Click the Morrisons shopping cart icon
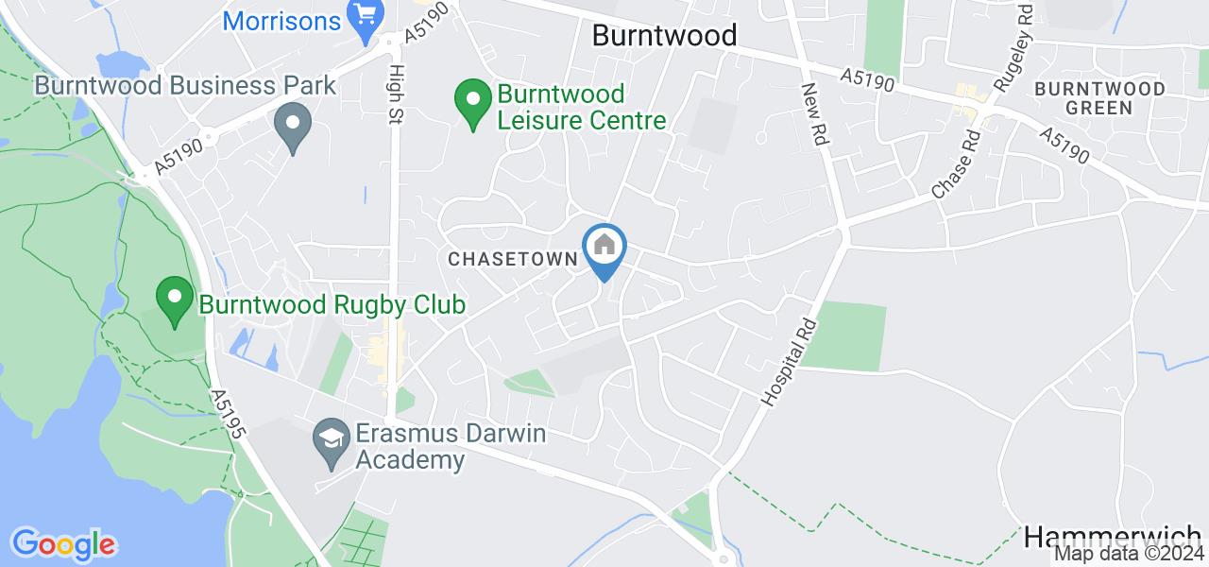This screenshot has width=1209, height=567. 364,16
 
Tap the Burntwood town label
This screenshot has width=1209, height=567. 664,36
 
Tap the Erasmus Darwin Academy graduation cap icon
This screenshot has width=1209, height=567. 332,438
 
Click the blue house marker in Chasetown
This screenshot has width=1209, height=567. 604,248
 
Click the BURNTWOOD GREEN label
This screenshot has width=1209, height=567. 1099,97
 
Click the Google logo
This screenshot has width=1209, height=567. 63,544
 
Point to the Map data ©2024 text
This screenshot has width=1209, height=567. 1130,554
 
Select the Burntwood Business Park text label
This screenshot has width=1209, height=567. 185,86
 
